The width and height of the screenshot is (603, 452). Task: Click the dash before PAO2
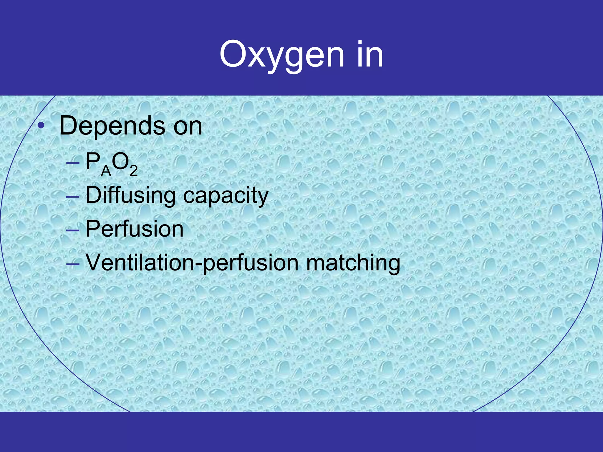73,163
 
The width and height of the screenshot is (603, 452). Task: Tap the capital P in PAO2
92,162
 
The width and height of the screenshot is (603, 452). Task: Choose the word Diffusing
130,196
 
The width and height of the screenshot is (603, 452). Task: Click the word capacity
226,197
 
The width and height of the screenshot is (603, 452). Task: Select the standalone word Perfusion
135,229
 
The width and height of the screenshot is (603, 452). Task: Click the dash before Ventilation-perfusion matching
73,264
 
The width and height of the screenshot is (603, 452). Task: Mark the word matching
353,263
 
